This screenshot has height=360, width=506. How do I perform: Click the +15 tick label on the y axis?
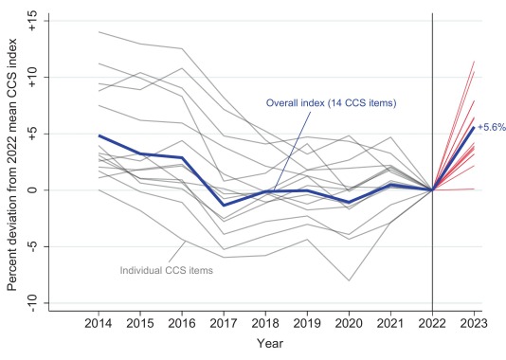32,21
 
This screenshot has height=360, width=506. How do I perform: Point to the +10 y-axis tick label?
32,78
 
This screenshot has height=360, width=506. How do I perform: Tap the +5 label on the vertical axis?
32,134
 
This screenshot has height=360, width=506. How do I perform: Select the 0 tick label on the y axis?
32,190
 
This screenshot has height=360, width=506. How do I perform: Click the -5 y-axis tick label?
32,246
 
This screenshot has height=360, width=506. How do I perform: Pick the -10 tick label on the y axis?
32,303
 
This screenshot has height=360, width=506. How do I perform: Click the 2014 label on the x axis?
99,323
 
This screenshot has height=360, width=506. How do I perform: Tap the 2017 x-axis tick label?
224,323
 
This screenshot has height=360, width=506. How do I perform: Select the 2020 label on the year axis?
349,323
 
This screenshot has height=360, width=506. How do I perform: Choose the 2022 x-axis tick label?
432,323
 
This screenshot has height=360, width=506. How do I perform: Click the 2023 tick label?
474,323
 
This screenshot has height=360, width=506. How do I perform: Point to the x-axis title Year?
270,344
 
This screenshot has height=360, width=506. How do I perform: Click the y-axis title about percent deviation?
12,165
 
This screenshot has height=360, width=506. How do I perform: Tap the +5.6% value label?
492,127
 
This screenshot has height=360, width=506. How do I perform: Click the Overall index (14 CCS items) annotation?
331,103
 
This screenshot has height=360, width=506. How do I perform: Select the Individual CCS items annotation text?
167,270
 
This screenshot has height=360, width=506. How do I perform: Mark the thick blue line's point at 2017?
224,206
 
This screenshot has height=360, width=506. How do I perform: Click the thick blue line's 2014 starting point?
99,135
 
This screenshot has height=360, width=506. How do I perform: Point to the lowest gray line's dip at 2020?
349,280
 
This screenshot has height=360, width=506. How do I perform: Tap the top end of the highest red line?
474,62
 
